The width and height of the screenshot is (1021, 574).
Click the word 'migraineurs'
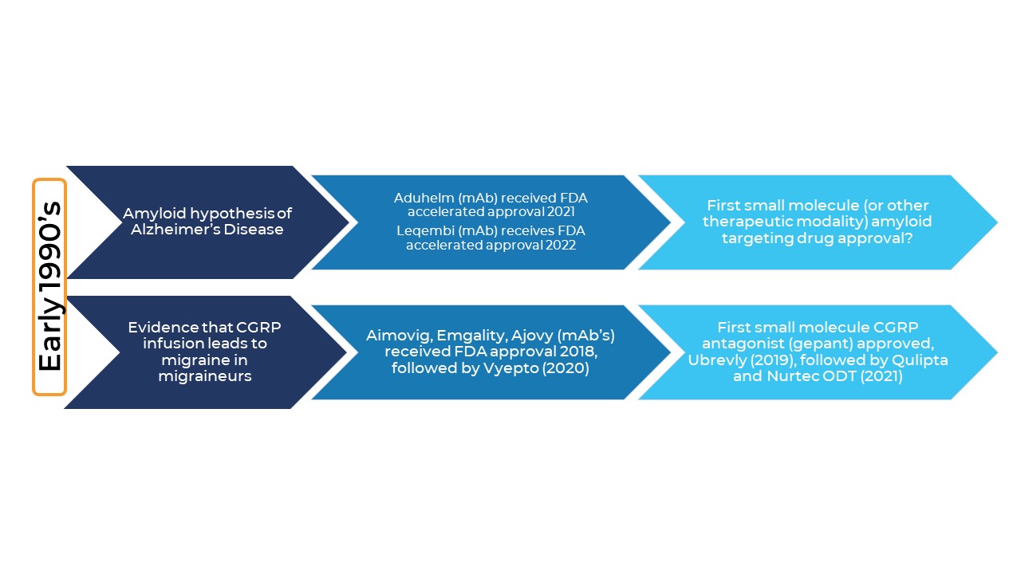coord(205,376)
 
